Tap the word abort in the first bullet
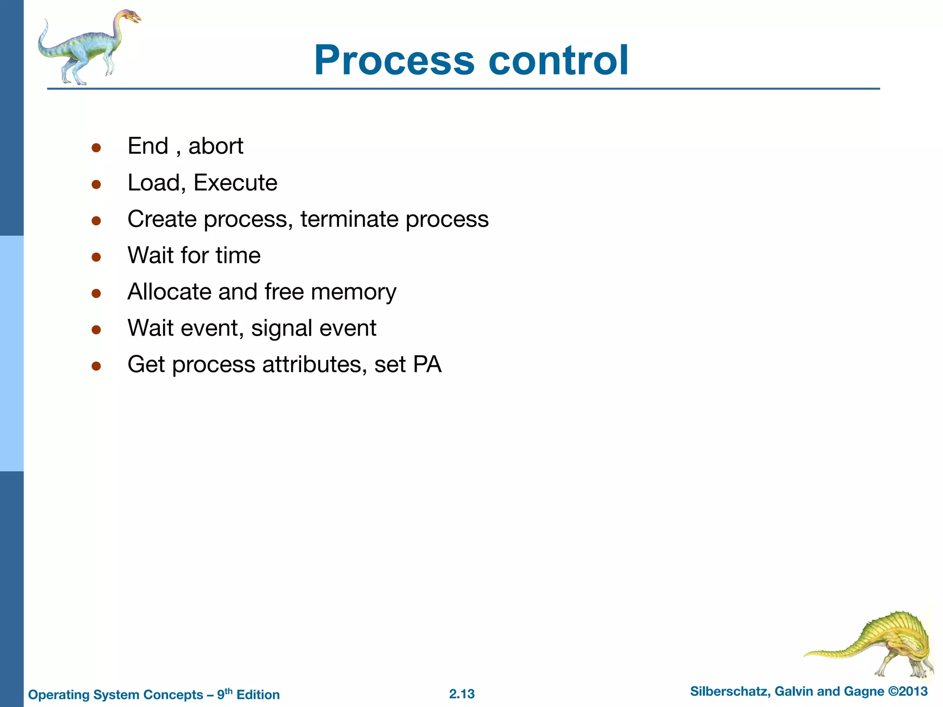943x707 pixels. click(x=215, y=146)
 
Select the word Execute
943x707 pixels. click(x=235, y=183)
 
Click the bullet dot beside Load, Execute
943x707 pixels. click(x=96, y=185)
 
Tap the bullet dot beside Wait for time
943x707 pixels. click(x=96, y=257)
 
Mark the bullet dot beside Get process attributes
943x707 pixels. click(x=96, y=366)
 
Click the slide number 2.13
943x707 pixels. click(x=462, y=694)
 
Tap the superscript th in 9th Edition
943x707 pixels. click(x=229, y=691)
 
